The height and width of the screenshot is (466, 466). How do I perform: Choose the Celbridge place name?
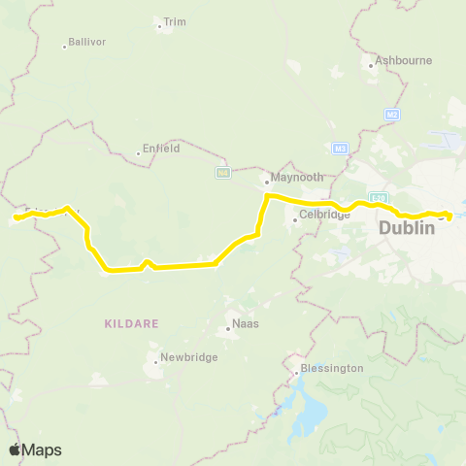coord(324,215)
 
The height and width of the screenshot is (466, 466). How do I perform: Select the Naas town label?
coord(245,321)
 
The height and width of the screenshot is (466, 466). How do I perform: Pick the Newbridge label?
coord(183,356)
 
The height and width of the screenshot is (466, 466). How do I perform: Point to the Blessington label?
coord(332,368)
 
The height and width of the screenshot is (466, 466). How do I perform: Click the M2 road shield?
coord(392,115)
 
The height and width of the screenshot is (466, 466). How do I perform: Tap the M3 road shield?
coord(340,149)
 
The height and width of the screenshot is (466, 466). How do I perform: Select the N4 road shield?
coord(222,173)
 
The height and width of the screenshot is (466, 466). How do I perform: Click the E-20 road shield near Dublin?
coord(380,198)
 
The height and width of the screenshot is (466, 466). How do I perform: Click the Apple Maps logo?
coord(34,449)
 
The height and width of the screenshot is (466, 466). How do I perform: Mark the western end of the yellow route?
coord(17,218)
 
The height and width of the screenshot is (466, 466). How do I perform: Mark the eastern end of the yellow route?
coord(449,216)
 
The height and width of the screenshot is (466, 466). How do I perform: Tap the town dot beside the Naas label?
coord(228,328)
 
